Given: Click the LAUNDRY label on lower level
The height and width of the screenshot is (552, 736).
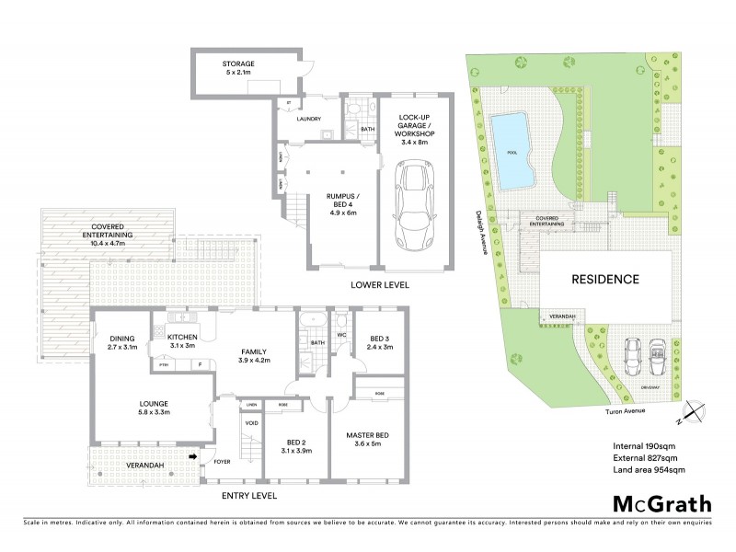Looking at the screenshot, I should (x=308, y=120).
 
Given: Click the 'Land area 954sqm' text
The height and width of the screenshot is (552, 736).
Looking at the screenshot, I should (x=649, y=470).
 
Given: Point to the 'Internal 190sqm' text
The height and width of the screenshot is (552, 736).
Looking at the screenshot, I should (x=644, y=446).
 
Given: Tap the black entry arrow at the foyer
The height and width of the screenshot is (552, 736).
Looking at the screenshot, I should (x=192, y=454).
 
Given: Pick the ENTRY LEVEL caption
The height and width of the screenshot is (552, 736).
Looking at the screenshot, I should (x=248, y=495).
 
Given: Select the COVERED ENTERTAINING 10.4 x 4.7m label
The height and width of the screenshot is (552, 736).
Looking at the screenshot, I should (x=109, y=231).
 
